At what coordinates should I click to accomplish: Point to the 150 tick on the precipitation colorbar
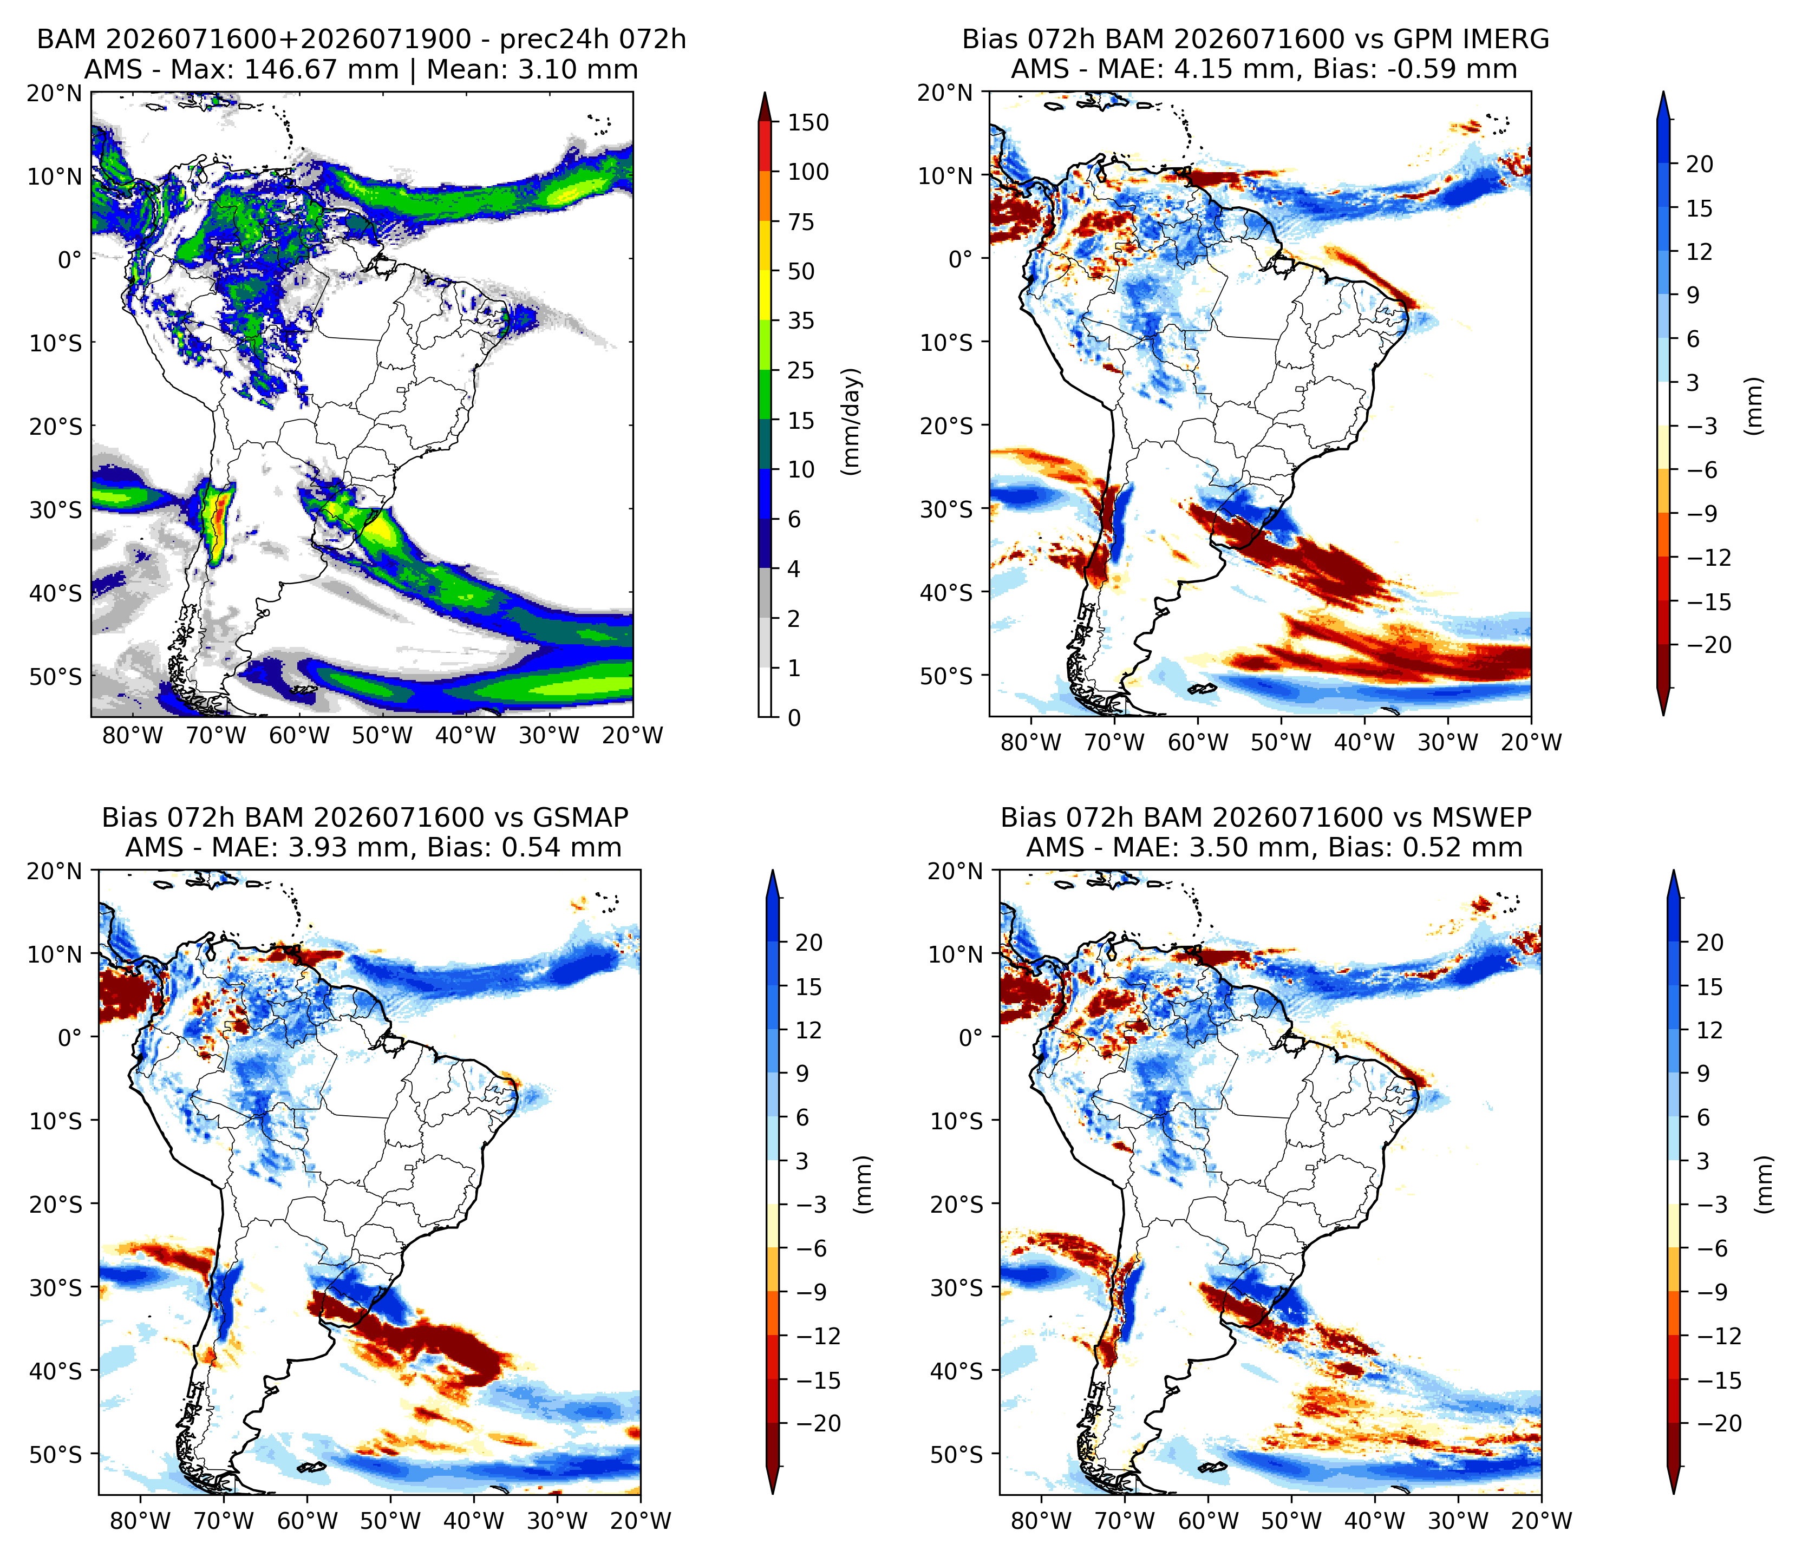808,122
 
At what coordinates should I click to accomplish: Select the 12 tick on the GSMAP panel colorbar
809,1030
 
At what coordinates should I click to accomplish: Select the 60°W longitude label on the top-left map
299,736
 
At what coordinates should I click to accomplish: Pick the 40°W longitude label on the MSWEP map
1375,1521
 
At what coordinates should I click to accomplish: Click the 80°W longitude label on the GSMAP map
140,1521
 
